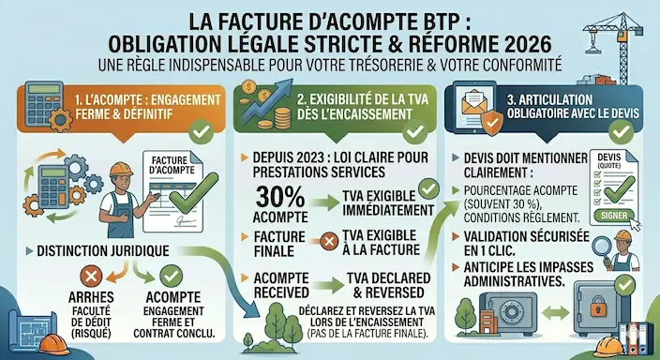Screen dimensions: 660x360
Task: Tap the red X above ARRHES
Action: coord(92,277)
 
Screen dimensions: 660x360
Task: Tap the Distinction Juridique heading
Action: coord(102,250)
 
